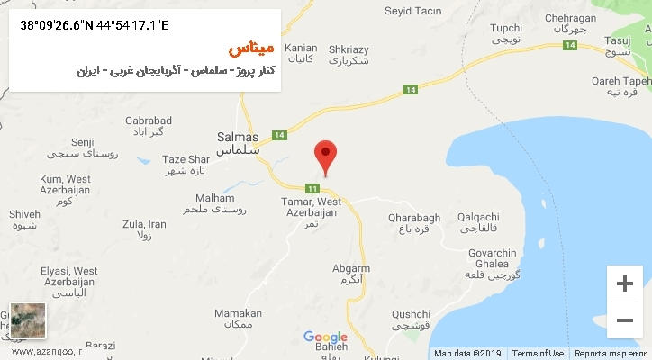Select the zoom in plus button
[x=624, y=283]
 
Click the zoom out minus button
[x=624, y=319]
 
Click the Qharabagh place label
[x=413, y=222]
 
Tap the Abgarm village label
[x=351, y=274]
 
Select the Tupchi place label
[x=505, y=34]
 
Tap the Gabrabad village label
[x=149, y=125]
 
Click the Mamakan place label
[x=238, y=318]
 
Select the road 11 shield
[x=312, y=188]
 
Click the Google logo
[x=325, y=337]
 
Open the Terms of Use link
[x=538, y=353]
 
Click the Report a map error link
[x=610, y=353]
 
